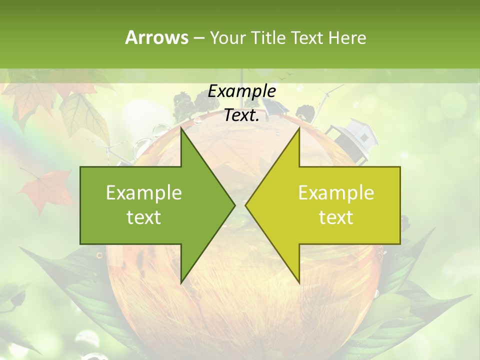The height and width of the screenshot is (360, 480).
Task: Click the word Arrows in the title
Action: (156, 37)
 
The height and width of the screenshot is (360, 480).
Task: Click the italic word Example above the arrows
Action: (242, 91)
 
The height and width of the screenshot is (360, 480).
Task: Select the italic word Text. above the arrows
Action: (242, 115)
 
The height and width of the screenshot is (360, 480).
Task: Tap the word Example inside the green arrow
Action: (144, 193)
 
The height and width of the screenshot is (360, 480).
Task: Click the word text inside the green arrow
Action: (144, 217)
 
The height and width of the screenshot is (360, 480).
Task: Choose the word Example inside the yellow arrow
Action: (336, 193)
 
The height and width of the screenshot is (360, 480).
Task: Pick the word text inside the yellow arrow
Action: (336, 217)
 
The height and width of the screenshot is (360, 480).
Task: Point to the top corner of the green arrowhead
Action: (181, 128)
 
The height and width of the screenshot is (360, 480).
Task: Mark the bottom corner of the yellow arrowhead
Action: (299, 282)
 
